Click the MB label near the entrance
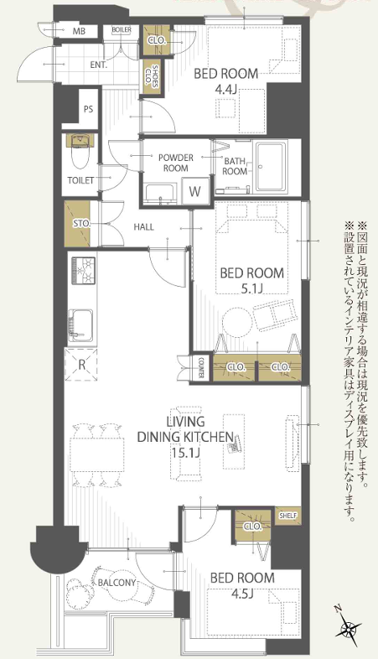pos(79,31)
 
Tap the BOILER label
pos(122,30)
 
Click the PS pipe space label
pos(88,109)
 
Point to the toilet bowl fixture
pos(80,152)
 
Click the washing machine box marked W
pos(195,190)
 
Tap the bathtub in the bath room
pos(272,168)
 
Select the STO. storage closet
pos(77,224)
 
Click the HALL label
pos(143,227)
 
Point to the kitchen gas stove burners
pos(84,270)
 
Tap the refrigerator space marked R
pos(81,365)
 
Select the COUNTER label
pos(201,368)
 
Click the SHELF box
pos(288,516)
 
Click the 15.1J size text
pos(184,452)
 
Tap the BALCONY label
pos(117,583)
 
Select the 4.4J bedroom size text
pos(226,89)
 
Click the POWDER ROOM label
pos(176,163)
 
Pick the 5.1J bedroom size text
pos(252,288)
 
